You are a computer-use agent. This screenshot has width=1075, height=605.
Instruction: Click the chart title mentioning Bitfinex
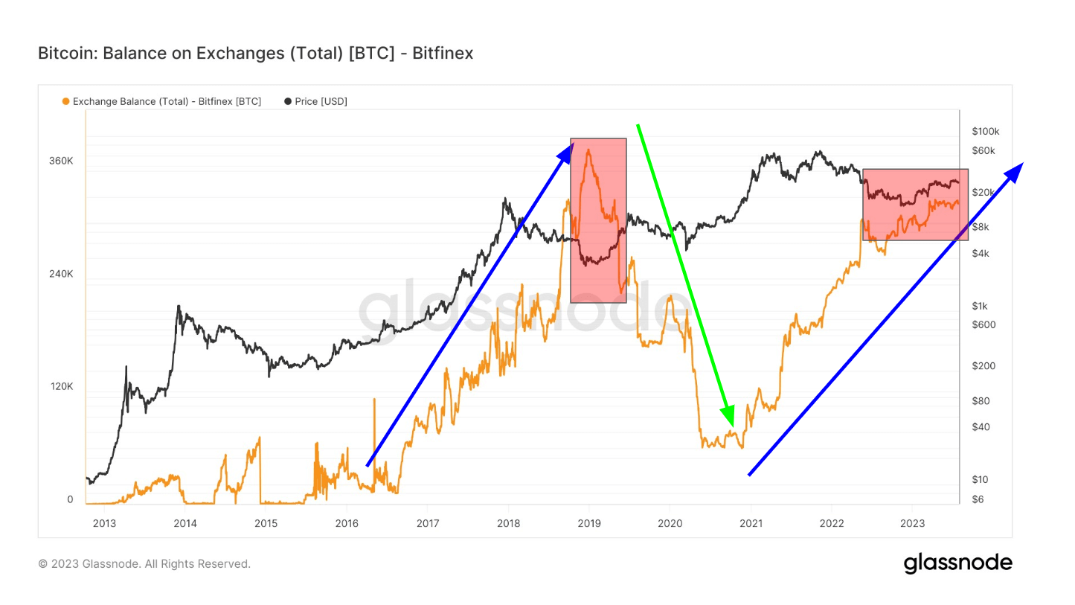click(255, 54)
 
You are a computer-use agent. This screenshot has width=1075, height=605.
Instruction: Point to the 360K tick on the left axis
click(61, 161)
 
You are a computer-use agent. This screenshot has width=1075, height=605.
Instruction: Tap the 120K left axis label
click(61, 386)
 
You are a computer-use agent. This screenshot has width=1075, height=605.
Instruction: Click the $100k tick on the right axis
click(985, 132)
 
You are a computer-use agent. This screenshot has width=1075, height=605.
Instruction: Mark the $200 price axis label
click(983, 366)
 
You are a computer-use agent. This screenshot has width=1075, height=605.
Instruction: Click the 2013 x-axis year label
click(104, 522)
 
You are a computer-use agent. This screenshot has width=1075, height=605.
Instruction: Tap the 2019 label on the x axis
click(589, 522)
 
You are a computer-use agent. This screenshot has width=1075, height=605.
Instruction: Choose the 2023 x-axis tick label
click(912, 522)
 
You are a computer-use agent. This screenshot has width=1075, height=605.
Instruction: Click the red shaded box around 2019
click(598, 220)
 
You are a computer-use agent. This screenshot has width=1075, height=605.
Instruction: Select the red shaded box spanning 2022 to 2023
click(915, 205)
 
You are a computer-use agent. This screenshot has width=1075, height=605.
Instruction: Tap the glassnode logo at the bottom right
click(957, 563)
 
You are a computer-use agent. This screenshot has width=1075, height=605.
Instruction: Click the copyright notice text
click(144, 564)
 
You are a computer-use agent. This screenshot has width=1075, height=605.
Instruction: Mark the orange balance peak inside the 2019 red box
click(588, 150)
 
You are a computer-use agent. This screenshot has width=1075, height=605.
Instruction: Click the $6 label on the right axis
click(978, 499)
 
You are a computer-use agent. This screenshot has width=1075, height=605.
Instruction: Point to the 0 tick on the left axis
click(70, 499)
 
